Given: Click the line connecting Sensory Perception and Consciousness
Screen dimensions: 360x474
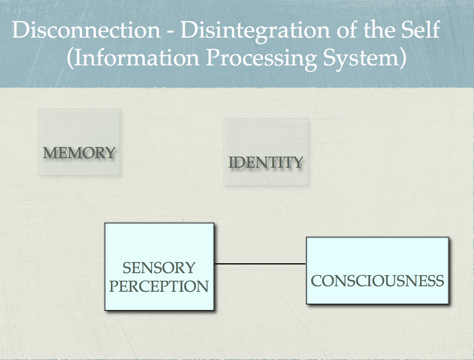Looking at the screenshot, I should tap(260, 264).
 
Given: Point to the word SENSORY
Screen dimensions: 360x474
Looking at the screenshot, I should tap(159, 268).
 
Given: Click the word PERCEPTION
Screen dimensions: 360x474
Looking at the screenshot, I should tap(159, 286).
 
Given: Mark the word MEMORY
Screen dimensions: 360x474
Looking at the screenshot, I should tap(79, 153).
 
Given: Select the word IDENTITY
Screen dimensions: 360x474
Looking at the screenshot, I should tap(266, 162).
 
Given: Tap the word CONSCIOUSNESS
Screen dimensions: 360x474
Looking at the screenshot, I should tap(377, 281).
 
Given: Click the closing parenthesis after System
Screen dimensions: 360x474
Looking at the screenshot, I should tap(402, 59).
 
